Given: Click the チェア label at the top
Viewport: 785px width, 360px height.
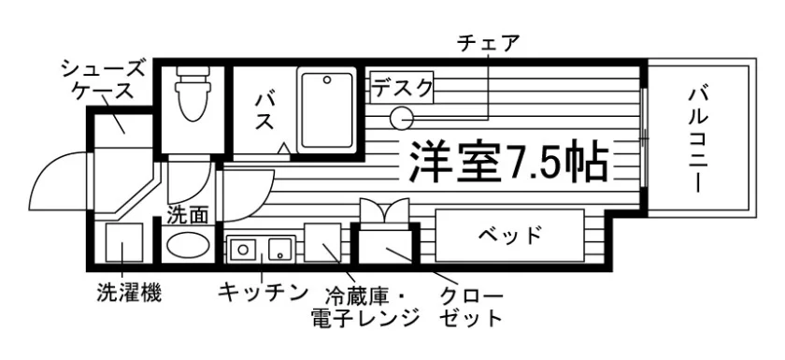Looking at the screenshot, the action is (x=488, y=44).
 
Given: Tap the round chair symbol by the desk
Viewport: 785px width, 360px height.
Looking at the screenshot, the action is (x=402, y=119).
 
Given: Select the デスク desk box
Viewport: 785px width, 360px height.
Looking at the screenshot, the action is (x=402, y=88).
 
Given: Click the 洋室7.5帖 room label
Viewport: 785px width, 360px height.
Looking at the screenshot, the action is (x=508, y=161).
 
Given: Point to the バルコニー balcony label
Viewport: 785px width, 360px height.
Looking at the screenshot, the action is (x=697, y=140).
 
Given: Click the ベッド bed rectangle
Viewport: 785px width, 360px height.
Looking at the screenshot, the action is (x=509, y=236).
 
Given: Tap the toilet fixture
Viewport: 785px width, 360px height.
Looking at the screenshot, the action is (x=193, y=94).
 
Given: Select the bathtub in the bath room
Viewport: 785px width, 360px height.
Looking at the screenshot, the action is (x=326, y=110).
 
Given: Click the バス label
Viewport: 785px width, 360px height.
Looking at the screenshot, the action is (x=264, y=111).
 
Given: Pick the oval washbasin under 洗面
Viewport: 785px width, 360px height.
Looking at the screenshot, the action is (x=188, y=245).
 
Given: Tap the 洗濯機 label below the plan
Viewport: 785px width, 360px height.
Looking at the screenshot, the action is (x=129, y=294).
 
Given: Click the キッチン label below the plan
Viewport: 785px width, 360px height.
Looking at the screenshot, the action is (x=263, y=293).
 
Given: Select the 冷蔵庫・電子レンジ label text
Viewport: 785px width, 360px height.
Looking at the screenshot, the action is (x=365, y=308).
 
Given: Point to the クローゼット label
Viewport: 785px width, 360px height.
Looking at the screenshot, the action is (x=471, y=308).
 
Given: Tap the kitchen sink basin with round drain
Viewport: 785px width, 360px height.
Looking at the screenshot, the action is (x=243, y=249).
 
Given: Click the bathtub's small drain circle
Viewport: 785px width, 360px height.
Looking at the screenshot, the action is (x=327, y=79).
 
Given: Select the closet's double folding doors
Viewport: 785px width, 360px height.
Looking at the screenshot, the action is (x=384, y=213).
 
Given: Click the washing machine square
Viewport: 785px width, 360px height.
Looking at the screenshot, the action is (x=124, y=243).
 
